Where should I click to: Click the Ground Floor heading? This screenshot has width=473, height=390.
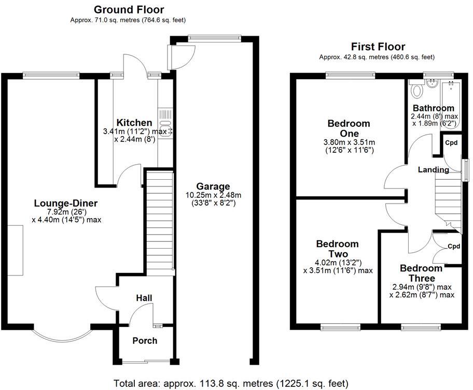click(x=128, y=9)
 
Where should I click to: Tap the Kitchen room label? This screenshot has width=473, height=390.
click(x=134, y=123)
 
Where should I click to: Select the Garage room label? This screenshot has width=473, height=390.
click(x=213, y=186)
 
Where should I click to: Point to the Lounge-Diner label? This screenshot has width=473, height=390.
click(x=66, y=203)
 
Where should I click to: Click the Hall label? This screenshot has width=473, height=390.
click(x=144, y=298)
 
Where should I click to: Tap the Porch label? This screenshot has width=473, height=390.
click(x=145, y=340)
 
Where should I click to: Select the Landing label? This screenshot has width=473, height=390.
click(x=434, y=169)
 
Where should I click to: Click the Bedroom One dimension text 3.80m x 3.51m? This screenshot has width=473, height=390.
click(x=349, y=142)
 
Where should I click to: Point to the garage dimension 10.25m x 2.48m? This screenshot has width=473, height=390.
click(x=213, y=195)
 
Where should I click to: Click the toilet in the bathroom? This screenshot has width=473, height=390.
click(x=415, y=91)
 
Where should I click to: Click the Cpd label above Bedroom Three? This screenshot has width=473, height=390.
click(x=454, y=246)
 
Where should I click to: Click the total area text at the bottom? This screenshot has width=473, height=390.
click(x=231, y=383)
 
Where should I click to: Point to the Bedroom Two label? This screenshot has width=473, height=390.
click(x=337, y=249)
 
